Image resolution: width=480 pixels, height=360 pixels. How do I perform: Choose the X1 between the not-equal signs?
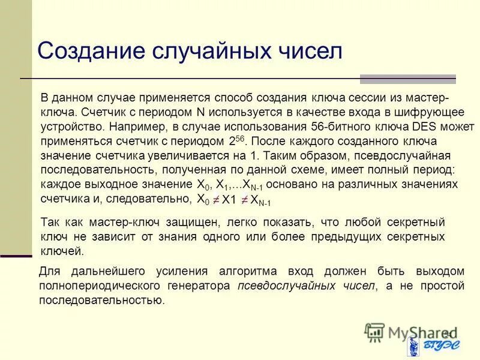click(x=229, y=200)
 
